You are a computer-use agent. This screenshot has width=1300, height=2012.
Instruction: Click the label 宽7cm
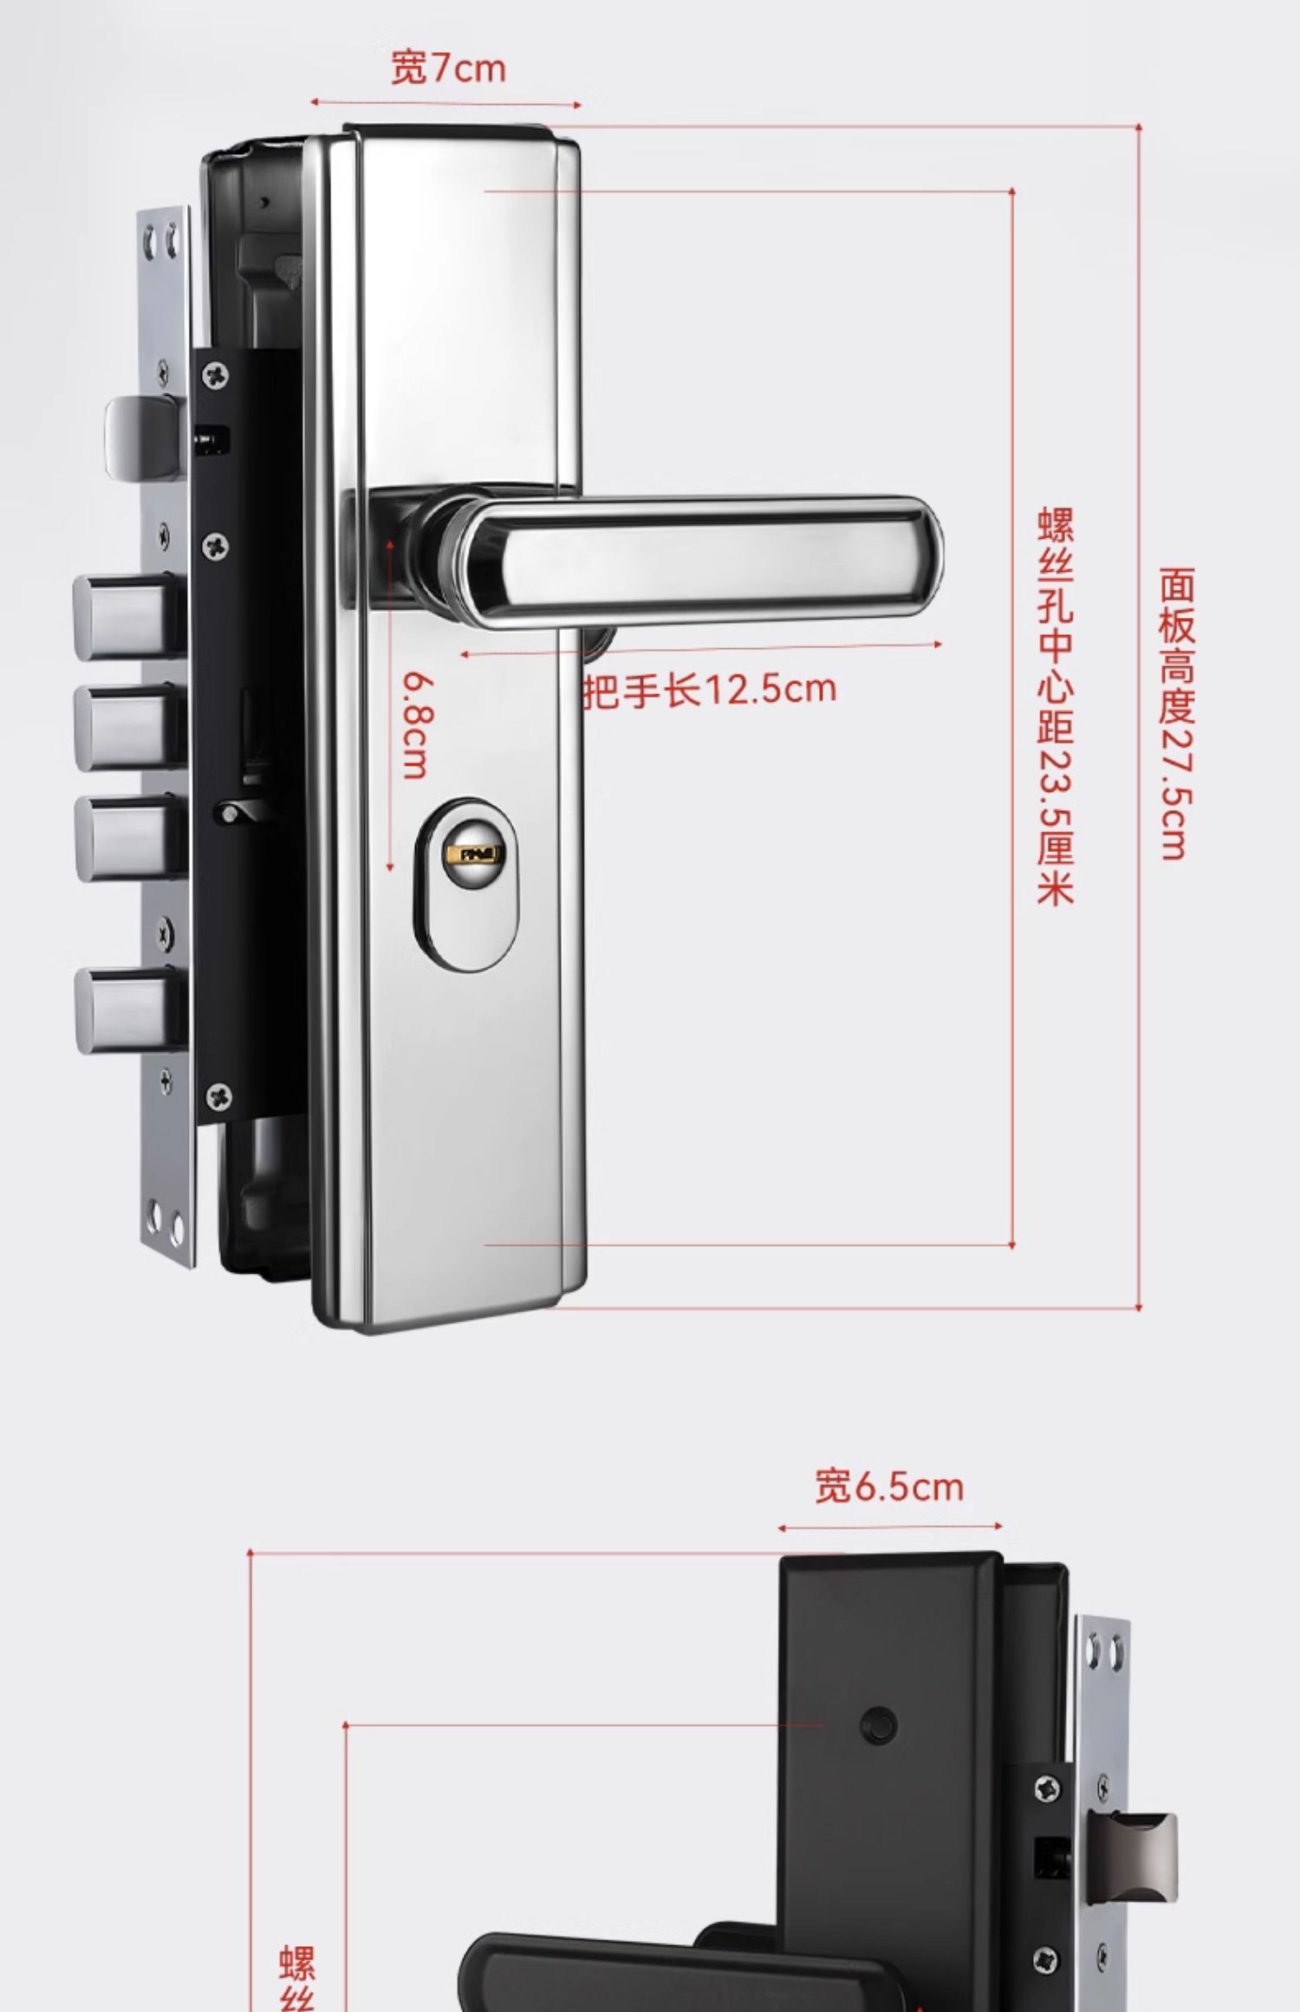click(x=448, y=68)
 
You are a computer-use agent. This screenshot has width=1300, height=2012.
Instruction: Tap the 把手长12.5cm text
click(x=710, y=691)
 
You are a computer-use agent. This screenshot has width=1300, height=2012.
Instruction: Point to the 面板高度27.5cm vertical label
click(x=1176, y=714)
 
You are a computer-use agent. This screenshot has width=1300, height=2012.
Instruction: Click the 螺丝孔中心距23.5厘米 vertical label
click(x=1055, y=705)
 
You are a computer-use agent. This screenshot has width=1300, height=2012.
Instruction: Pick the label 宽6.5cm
click(x=889, y=1486)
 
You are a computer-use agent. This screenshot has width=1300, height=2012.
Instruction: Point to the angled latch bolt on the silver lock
click(x=143, y=438)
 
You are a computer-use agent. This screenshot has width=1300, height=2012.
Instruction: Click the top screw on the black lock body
click(x=217, y=374)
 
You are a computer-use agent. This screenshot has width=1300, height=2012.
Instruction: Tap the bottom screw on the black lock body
click(x=218, y=1096)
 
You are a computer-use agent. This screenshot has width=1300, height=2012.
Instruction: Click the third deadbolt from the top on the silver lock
click(x=130, y=837)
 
